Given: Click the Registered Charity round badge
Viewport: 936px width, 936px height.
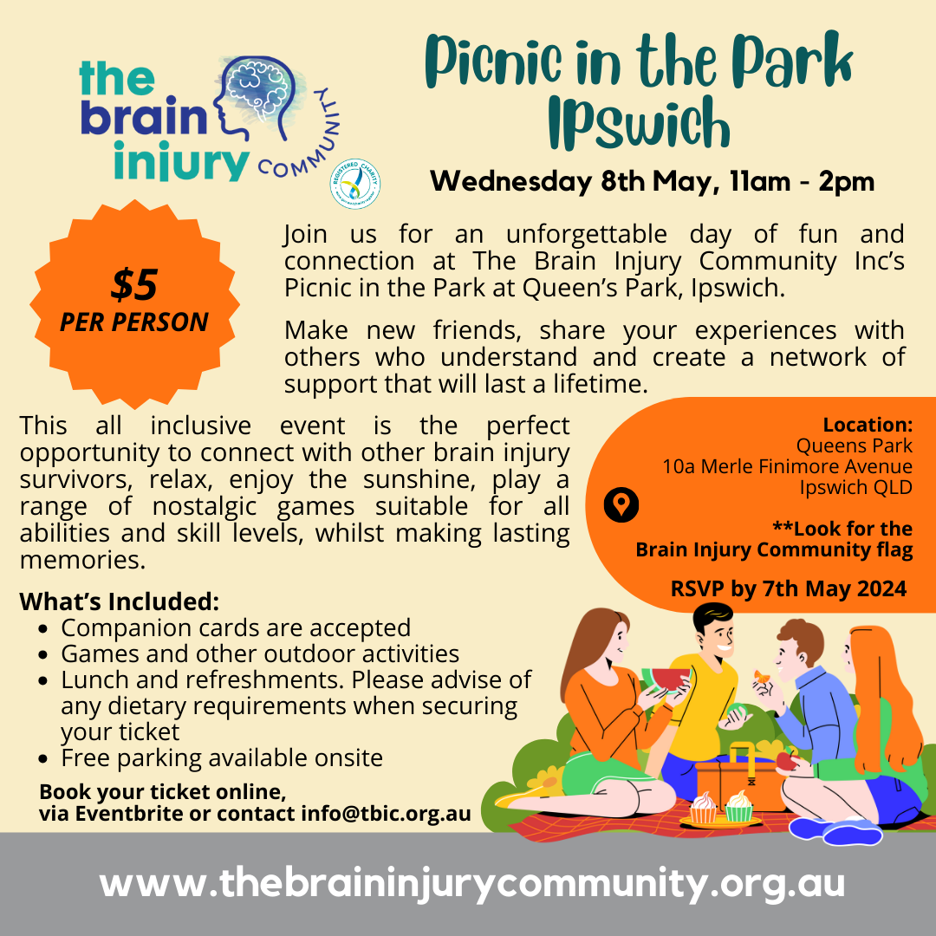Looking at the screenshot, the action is tap(355, 184).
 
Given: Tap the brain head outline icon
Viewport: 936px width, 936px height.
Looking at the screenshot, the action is tap(257, 99).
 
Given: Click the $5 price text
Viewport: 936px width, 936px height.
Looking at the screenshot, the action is tap(134, 284).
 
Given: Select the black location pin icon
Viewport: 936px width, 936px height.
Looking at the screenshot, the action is tap(621, 504).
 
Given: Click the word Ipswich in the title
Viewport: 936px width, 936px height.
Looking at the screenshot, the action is tap(640, 122).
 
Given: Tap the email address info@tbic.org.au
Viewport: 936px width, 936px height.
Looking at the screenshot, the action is tap(386, 814).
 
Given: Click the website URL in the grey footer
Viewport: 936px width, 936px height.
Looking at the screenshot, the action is tap(472, 883).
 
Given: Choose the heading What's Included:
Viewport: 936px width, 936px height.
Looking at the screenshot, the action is tap(120, 601).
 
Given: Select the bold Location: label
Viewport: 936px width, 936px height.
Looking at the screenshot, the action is tap(868, 425).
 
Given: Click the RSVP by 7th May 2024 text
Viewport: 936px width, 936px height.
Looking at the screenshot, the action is tap(789, 588).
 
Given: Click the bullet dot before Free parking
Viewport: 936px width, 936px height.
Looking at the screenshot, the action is tap(42, 759).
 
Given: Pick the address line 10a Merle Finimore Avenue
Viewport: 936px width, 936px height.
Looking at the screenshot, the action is tap(787, 466).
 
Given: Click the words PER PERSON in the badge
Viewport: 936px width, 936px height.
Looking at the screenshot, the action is tap(134, 322).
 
